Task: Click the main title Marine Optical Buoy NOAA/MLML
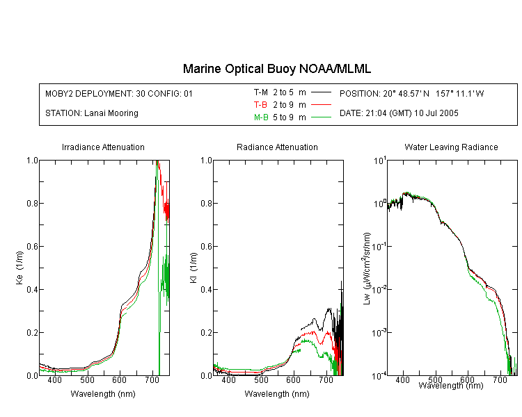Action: (x=276, y=69)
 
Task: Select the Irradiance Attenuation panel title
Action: (x=103, y=147)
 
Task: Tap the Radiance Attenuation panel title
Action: (x=277, y=147)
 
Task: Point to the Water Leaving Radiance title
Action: (x=451, y=147)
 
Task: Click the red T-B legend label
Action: (x=260, y=105)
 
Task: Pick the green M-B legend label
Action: (x=261, y=117)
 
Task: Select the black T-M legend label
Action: (x=261, y=92)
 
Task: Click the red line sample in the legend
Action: (x=321, y=105)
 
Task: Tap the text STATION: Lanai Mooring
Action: (x=92, y=113)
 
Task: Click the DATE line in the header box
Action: (x=399, y=113)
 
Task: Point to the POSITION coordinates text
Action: (x=412, y=93)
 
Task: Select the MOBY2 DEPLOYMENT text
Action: (x=119, y=93)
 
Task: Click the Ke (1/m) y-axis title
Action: (x=19, y=268)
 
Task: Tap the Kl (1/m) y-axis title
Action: (x=193, y=268)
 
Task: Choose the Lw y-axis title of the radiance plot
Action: (x=367, y=268)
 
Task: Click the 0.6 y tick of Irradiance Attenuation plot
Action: (x=32, y=247)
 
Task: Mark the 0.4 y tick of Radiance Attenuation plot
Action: (x=206, y=289)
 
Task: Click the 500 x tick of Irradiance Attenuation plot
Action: (x=87, y=379)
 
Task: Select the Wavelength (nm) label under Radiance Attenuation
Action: (x=277, y=394)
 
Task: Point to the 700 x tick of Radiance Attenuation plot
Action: (x=326, y=379)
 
